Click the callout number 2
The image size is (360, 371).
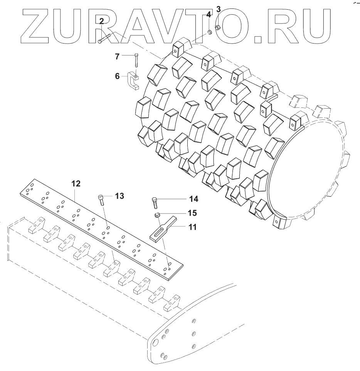tap(102, 21)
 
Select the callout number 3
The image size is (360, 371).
tap(218, 9)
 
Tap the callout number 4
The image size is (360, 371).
tap(209, 15)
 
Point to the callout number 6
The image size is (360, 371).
tap(118, 76)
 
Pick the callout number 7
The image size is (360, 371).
tap(118, 57)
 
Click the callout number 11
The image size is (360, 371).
tap(192, 227)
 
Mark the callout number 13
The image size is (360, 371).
tap(119, 196)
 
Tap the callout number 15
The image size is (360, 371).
tap(192, 213)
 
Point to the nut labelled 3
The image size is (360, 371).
tap(217, 27)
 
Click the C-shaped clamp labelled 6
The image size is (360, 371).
tap(133, 82)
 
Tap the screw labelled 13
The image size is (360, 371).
tap(101, 201)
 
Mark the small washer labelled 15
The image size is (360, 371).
tap(157, 215)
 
